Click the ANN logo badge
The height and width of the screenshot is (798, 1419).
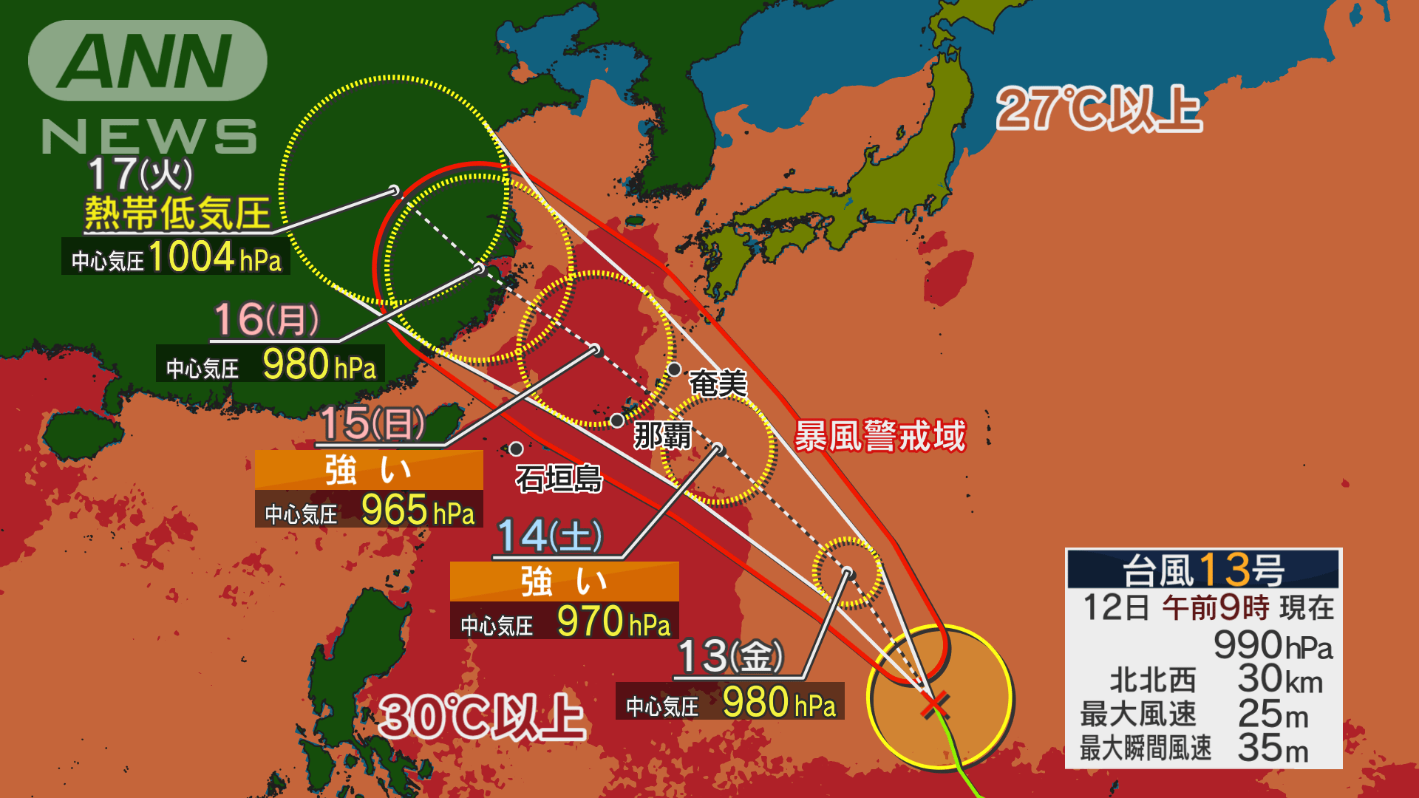[x=148, y=61]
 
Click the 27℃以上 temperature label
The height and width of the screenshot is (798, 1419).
[x=1098, y=109]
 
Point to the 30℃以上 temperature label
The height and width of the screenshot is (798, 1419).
[x=482, y=717]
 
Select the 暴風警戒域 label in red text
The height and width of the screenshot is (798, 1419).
[x=879, y=435]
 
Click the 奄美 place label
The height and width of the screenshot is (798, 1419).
[x=718, y=383]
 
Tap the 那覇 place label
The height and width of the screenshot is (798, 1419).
[x=662, y=435]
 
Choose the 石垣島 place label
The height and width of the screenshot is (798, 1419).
[x=559, y=479]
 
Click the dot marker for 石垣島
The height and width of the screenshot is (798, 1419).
[x=516, y=449]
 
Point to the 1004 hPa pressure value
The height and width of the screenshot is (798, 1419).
[x=215, y=257]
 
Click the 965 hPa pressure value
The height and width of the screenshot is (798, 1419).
[x=418, y=510]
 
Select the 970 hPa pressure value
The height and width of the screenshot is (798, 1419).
[x=613, y=621]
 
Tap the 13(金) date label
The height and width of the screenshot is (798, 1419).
[x=729, y=655]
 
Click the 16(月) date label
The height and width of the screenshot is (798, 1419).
[x=266, y=319]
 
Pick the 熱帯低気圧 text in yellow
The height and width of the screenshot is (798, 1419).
[x=177, y=214]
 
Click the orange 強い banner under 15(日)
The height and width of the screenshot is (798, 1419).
[x=369, y=470]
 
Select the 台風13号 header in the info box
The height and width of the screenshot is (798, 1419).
[x=1203, y=570]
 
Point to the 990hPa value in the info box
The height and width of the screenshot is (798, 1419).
[x=1273, y=645]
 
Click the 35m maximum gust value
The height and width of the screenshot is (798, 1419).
[x=1273, y=748]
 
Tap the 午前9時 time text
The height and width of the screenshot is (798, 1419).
[x=1215, y=607]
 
